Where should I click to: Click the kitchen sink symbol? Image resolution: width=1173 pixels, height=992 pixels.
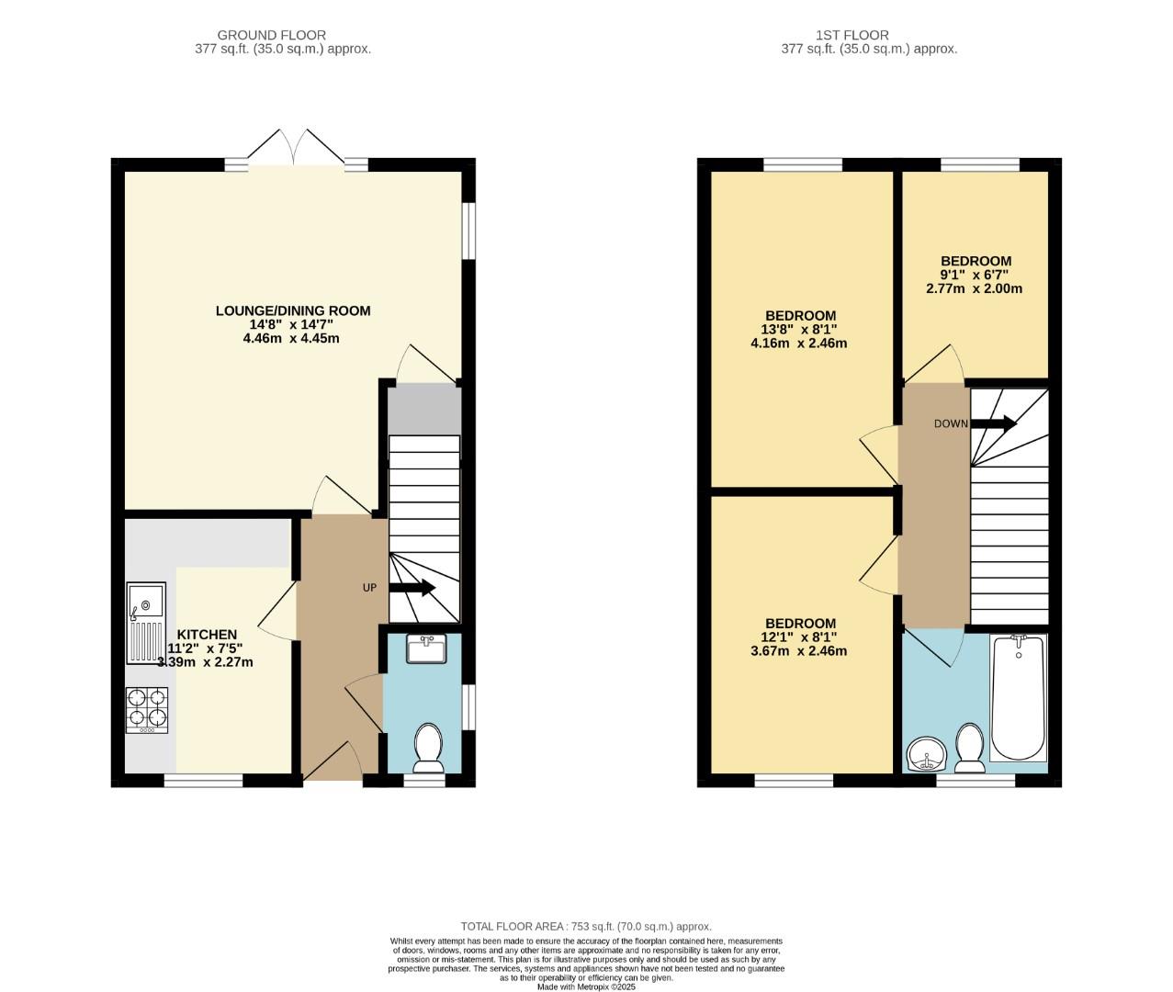(146, 622)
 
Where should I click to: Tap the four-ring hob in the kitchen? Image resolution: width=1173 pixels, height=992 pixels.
(147, 710)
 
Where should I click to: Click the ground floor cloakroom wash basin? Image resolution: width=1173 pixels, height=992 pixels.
(426, 648)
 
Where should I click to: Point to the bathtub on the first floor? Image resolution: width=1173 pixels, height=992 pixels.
(1018, 698)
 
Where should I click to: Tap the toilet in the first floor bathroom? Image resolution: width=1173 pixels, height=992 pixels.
(969, 749)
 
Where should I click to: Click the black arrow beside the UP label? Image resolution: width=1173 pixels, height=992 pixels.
(412, 588)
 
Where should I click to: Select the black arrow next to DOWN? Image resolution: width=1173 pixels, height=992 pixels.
(994, 423)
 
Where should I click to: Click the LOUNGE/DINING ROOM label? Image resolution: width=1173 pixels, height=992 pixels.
(293, 310)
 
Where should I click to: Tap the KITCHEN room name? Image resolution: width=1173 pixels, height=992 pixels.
(207, 635)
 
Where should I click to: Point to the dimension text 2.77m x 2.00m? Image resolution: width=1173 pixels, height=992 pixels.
(974, 288)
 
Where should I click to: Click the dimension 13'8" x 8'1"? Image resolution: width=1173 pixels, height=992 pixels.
(798, 330)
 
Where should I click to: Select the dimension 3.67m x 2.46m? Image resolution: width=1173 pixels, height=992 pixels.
(798, 651)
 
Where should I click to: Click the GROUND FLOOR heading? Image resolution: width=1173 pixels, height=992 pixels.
(272, 35)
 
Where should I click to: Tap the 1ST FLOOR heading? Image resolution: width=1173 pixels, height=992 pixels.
(852, 35)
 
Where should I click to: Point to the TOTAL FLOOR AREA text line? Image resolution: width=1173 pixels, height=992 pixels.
(586, 927)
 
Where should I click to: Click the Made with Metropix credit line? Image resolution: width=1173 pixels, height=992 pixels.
(586, 986)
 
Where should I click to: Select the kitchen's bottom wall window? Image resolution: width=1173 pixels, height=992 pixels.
(204, 781)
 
